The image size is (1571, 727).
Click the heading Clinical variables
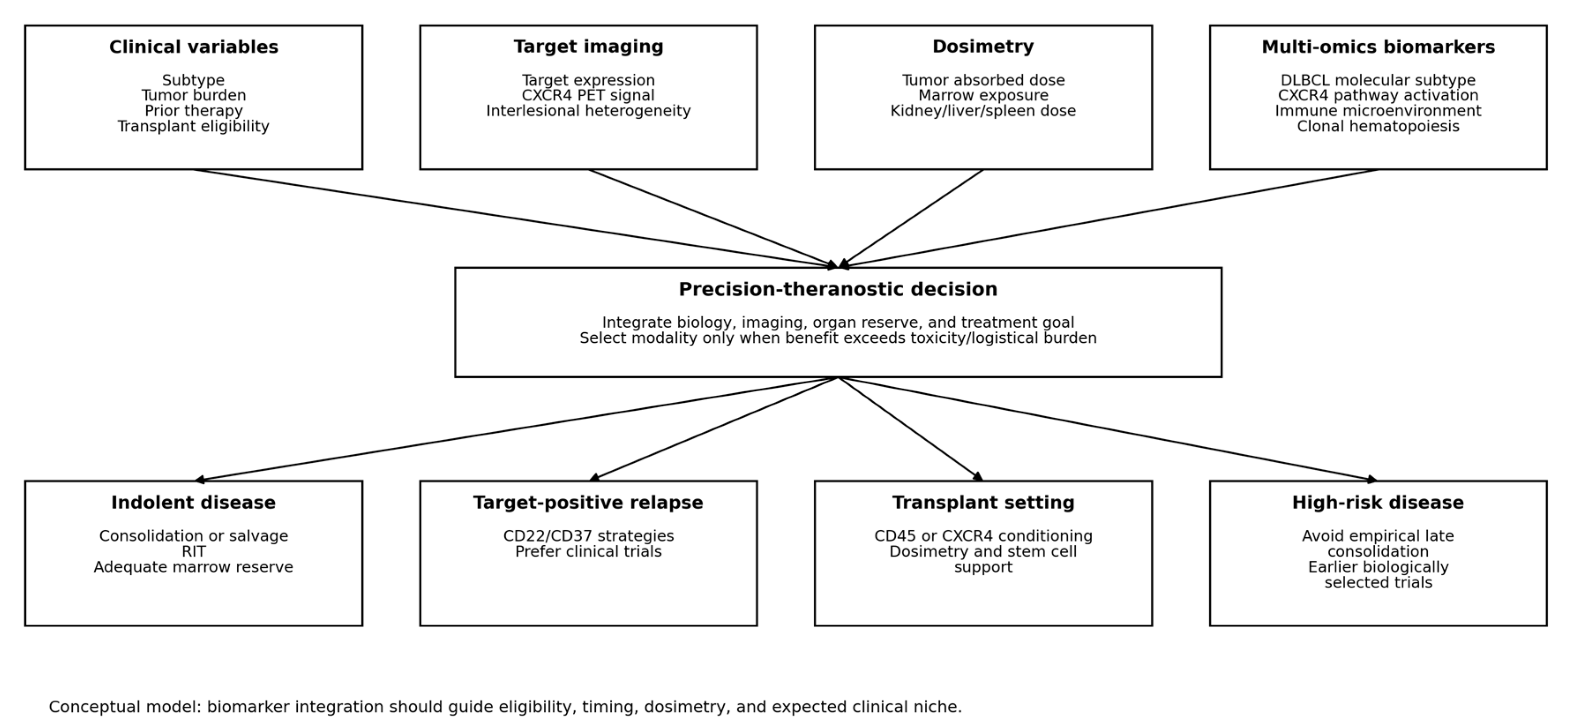(x=193, y=47)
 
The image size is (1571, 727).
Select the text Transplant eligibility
(x=193, y=126)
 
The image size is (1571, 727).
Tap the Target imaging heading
(x=588, y=47)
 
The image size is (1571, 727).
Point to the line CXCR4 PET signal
(x=588, y=95)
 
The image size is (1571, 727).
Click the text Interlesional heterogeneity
(x=588, y=111)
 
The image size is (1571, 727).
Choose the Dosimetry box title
(x=983, y=47)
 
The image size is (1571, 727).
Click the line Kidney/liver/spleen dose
(x=983, y=111)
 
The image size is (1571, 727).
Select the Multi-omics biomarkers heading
(x=1378, y=47)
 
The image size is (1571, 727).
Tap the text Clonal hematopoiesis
(x=1378, y=126)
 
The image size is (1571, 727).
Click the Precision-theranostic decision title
(x=838, y=289)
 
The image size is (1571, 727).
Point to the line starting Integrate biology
(x=838, y=322)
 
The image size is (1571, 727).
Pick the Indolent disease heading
(x=193, y=502)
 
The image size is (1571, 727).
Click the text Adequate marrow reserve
(x=193, y=567)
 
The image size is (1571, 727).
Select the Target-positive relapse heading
(x=588, y=502)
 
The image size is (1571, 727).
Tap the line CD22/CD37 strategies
(x=588, y=536)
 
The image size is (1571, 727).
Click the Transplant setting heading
(x=983, y=502)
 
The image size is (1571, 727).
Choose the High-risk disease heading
(x=1378, y=502)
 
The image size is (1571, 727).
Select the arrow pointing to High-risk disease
(x=1108, y=429)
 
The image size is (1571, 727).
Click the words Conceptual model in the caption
(x=124, y=707)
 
